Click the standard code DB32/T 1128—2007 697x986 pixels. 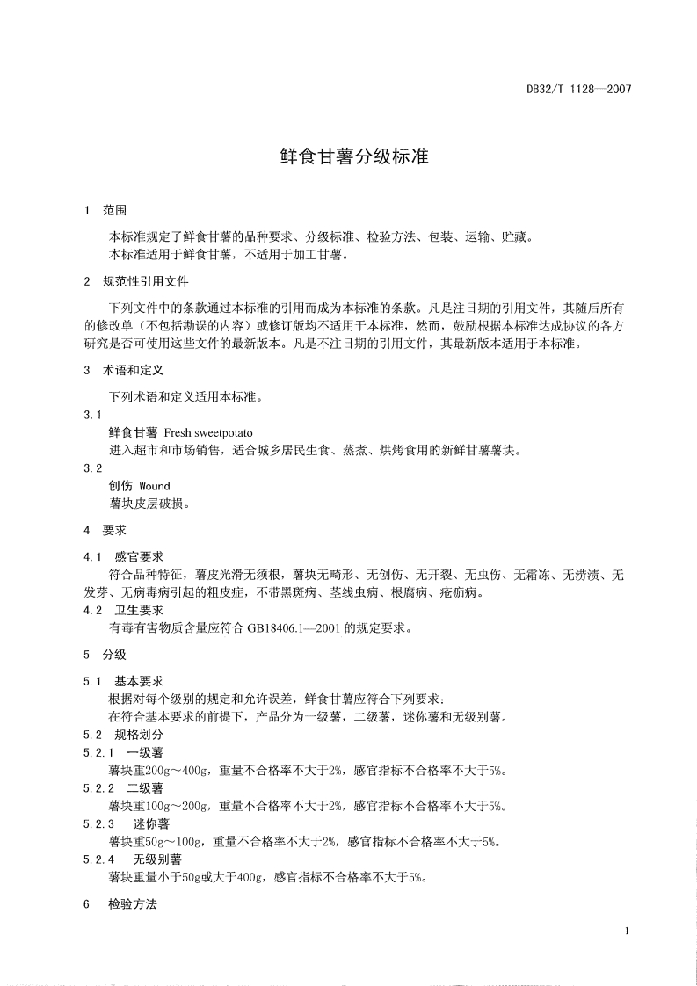tap(578, 89)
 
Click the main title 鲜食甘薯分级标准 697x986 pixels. tap(348, 157)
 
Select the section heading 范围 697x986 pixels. tap(114, 211)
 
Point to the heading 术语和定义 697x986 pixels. tap(133, 371)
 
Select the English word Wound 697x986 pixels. tap(155, 486)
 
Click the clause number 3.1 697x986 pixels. tap(91, 414)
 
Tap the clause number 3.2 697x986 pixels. tap(91, 468)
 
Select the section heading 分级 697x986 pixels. tap(114, 655)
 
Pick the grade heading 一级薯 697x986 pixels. tap(145, 753)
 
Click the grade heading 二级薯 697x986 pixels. tap(145, 788)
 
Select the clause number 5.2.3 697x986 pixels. tap(98, 823)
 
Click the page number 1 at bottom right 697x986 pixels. tap(626, 931)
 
